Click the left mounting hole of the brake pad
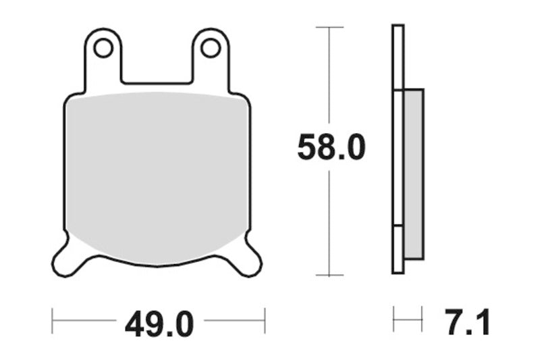pos(103,48)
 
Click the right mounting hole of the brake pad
pos(211,48)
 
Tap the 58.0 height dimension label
pos(331,147)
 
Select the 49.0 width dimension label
pos(159,324)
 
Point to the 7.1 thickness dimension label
pos(467,322)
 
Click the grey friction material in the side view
pos(413,174)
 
